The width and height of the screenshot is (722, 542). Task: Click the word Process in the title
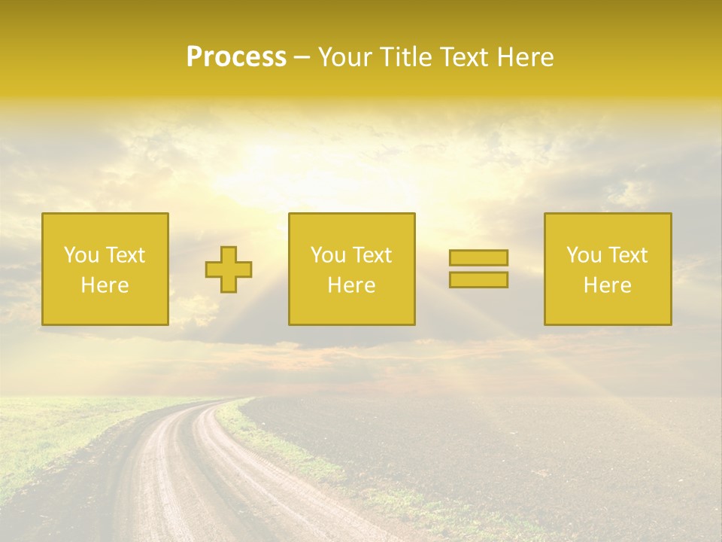(236, 57)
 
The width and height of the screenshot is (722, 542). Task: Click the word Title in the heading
(405, 57)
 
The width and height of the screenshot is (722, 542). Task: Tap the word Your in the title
(345, 57)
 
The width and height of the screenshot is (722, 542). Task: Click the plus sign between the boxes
(229, 269)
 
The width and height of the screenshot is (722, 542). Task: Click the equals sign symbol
(478, 269)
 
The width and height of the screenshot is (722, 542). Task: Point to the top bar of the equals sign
(478, 258)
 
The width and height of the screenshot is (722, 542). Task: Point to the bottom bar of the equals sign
(478, 279)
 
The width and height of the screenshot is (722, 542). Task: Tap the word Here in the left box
(105, 285)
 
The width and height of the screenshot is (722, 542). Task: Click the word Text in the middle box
(372, 255)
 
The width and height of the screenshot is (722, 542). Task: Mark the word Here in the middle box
(352, 285)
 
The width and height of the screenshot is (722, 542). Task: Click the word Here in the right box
(608, 285)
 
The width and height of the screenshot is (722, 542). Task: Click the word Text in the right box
(628, 255)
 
